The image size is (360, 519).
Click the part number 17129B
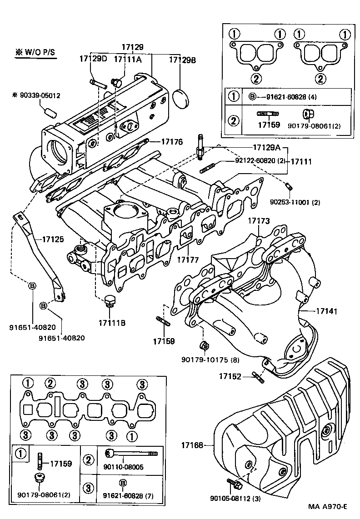click(182, 60)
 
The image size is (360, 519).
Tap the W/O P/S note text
click(35, 52)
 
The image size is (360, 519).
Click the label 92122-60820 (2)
click(260, 161)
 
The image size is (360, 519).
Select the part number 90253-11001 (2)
click(295, 202)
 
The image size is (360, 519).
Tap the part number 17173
click(259, 221)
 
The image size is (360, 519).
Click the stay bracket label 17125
click(54, 238)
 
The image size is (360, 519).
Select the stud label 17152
click(230, 376)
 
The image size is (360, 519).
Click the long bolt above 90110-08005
click(132, 453)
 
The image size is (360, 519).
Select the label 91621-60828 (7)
click(125, 495)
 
